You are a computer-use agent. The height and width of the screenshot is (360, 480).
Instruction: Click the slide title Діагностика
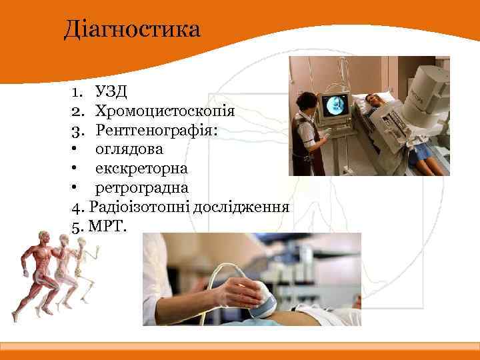click(131, 30)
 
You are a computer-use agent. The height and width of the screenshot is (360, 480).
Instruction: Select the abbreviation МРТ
click(106, 226)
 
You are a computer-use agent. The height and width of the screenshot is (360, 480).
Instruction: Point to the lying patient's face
click(374, 100)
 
